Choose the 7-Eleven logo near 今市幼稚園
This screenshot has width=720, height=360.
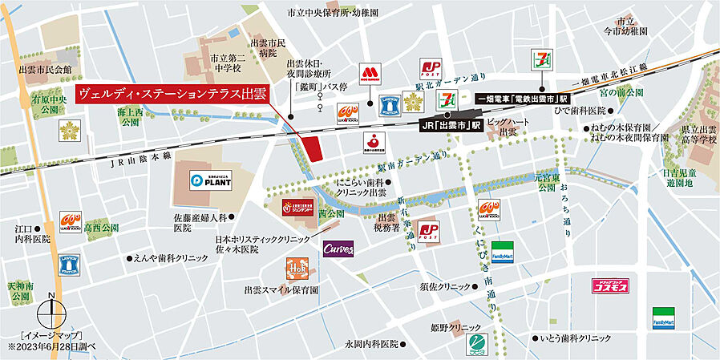coord(540,59)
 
